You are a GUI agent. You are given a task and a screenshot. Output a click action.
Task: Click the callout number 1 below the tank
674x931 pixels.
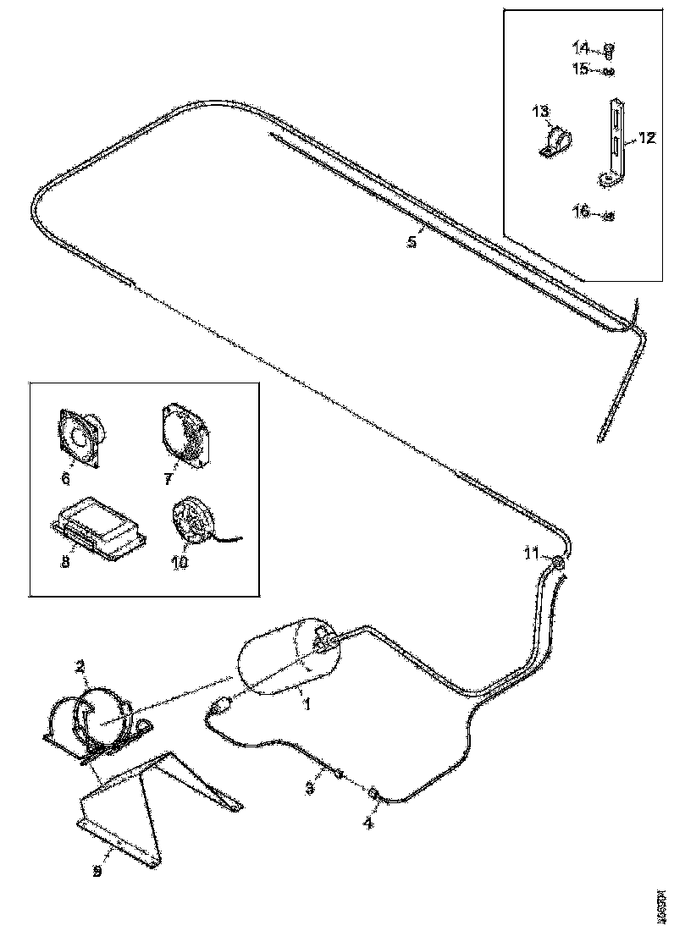[x=307, y=703]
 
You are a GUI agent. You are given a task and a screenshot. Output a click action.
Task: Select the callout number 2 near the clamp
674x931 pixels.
[x=80, y=667]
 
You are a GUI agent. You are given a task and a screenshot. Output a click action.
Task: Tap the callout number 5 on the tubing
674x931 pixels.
[x=412, y=242]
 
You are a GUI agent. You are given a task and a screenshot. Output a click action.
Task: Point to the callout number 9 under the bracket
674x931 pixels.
[x=97, y=871]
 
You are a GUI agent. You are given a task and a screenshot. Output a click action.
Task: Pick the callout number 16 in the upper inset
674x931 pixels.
[x=580, y=212]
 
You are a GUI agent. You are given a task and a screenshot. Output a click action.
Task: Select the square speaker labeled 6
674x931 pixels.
[x=80, y=437]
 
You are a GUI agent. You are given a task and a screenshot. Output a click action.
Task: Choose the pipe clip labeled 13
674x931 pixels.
[x=553, y=141]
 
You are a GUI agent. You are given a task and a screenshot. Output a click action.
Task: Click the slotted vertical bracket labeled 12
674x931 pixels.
[x=614, y=140]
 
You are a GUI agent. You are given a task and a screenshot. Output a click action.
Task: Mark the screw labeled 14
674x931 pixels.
[x=609, y=48]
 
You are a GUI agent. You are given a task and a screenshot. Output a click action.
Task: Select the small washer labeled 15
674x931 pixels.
[x=608, y=71]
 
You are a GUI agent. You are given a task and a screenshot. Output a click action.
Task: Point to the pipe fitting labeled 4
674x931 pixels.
[x=373, y=792]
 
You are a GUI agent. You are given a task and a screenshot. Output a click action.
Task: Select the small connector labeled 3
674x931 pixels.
[x=338, y=773]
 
